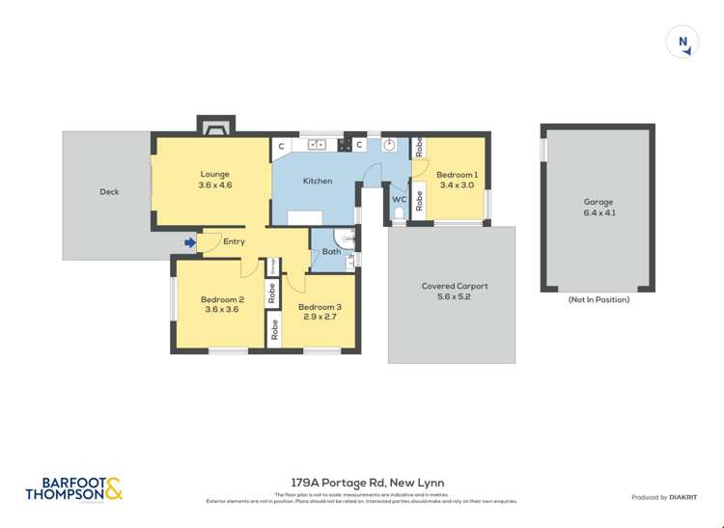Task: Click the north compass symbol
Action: click(682, 42)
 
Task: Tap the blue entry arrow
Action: click(190, 242)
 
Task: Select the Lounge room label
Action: click(214, 175)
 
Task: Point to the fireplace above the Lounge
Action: click(215, 125)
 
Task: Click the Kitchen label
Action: click(317, 181)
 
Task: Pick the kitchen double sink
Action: click(317, 145)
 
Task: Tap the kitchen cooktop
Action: click(343, 145)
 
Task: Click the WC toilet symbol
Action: click(399, 216)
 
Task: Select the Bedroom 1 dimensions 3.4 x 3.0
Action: click(457, 184)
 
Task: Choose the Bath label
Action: click(331, 252)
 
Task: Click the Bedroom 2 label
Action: click(222, 299)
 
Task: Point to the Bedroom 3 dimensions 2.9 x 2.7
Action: click(320, 317)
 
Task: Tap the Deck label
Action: click(109, 191)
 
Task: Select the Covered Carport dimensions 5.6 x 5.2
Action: click(455, 296)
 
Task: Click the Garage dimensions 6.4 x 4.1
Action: click(599, 212)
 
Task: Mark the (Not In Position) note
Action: click(599, 299)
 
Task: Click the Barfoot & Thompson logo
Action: click(73, 489)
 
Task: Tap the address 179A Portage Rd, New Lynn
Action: click(367, 483)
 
